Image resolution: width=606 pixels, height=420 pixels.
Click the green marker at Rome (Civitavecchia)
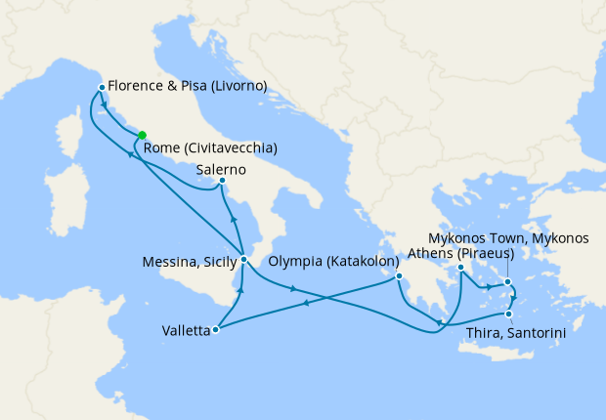click(x=143, y=136)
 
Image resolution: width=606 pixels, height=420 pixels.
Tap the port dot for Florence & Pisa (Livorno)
click(x=102, y=88)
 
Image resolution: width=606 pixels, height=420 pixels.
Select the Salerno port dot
click(x=223, y=181)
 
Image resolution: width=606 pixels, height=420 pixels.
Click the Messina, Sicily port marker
click(x=243, y=259)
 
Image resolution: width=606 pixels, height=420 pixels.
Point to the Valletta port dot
click(x=216, y=329)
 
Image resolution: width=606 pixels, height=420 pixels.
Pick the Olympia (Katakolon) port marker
click(x=399, y=276)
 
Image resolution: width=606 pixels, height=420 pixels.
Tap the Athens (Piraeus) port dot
click(x=460, y=267)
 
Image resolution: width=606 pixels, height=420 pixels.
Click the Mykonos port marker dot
click(x=508, y=282)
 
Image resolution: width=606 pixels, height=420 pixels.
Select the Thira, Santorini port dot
click(x=508, y=314)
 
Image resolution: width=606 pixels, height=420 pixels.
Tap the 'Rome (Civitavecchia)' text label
click(x=210, y=148)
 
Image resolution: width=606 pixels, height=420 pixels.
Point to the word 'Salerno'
click(x=221, y=169)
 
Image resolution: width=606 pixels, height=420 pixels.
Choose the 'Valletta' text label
click(x=186, y=331)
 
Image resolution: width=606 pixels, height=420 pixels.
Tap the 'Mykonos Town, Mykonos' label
click(x=509, y=237)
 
